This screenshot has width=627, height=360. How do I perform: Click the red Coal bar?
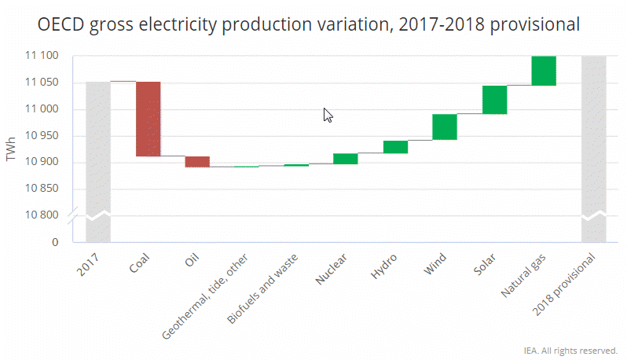click(x=148, y=119)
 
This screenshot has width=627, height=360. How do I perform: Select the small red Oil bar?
click(x=197, y=161)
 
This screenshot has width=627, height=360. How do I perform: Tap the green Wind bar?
click(x=445, y=127)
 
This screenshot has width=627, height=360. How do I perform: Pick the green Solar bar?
click(x=494, y=100)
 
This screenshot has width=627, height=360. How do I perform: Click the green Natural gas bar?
click(x=544, y=71)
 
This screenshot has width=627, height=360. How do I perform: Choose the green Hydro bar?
click(x=395, y=147)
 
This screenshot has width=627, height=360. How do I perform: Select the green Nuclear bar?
click(x=346, y=159)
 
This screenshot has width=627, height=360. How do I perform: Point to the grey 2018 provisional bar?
click(x=593, y=149)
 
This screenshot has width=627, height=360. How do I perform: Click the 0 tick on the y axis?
click(x=56, y=242)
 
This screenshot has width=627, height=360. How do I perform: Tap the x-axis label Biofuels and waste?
click(x=260, y=291)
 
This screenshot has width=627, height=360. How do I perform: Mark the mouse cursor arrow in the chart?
click(x=328, y=115)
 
